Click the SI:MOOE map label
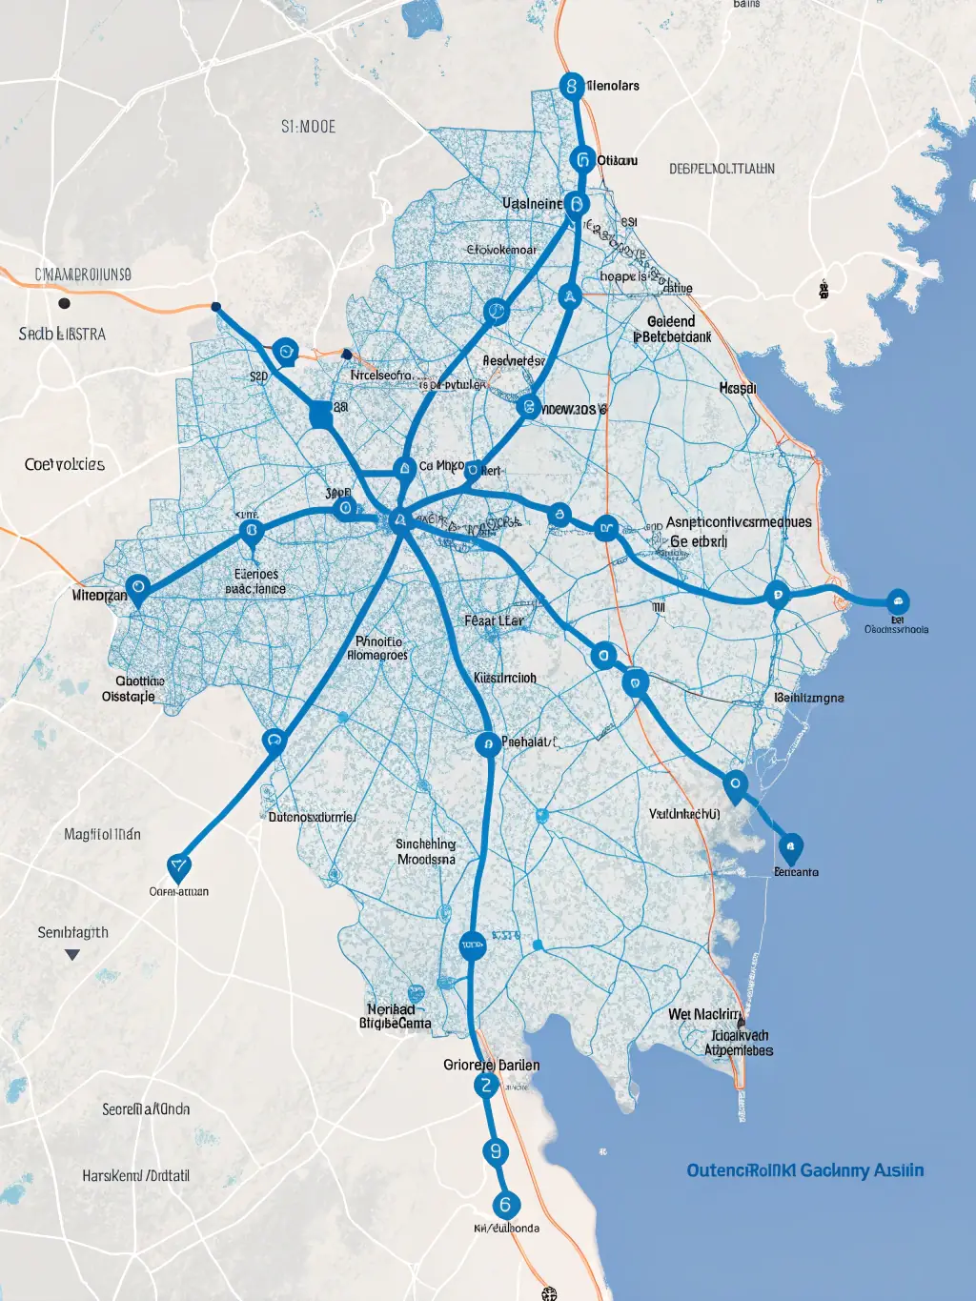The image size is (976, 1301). click(309, 127)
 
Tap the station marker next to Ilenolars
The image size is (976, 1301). click(571, 87)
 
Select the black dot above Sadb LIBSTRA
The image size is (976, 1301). click(64, 303)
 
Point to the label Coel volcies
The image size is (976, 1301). click(65, 465)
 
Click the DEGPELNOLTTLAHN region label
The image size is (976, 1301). click(722, 169)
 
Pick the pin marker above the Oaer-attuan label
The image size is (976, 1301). click(178, 867)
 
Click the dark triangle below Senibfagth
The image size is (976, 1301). click(72, 954)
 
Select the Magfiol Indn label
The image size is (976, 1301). click(102, 835)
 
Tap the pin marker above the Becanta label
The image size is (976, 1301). click(790, 846)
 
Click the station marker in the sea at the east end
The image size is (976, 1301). click(897, 601)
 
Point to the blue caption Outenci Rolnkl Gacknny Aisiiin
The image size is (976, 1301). click(805, 1170)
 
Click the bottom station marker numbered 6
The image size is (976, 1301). click(505, 1205)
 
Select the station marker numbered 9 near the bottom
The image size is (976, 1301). click(495, 1151)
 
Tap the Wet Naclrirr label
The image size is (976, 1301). click(704, 1014)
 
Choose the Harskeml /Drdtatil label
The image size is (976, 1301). click(135, 1176)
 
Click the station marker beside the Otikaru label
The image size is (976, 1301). click(583, 159)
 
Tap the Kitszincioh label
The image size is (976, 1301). click(505, 678)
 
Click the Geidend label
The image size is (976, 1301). click(671, 321)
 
